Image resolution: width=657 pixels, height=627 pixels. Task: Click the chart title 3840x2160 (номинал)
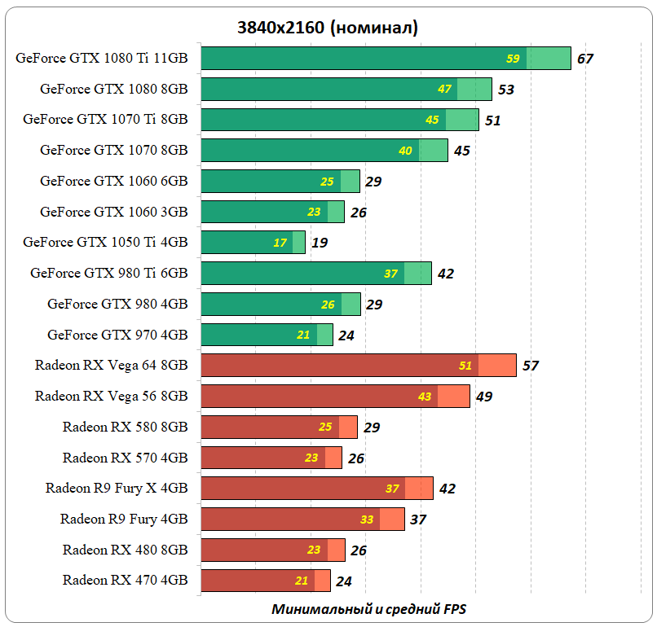328,28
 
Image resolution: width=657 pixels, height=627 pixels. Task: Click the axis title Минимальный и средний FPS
369,609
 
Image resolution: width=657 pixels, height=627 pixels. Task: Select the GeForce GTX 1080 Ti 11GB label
102,58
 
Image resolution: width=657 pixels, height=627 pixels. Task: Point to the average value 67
584,59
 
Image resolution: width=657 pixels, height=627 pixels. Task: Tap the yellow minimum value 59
513,59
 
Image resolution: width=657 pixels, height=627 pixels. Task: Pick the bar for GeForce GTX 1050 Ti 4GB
253,243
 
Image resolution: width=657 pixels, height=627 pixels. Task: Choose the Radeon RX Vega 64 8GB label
111,366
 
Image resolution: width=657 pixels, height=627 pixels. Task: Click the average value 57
531,366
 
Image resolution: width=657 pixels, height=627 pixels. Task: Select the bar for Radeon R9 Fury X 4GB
316,489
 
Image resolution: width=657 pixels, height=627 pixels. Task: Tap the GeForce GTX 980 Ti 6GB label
109,273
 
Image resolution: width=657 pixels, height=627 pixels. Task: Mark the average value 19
320,243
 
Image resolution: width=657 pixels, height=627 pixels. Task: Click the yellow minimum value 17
280,243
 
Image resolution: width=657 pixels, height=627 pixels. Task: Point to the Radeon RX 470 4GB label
125,581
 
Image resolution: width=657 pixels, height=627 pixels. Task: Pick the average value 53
506,90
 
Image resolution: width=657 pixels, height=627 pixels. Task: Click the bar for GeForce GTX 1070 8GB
324,151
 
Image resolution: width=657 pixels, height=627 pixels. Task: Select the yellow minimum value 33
367,520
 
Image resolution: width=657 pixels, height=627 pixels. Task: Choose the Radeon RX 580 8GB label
125,427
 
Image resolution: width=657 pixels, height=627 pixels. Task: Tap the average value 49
484,397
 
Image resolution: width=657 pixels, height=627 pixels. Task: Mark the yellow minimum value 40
405,151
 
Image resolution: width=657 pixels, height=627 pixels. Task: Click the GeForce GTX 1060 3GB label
114,212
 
